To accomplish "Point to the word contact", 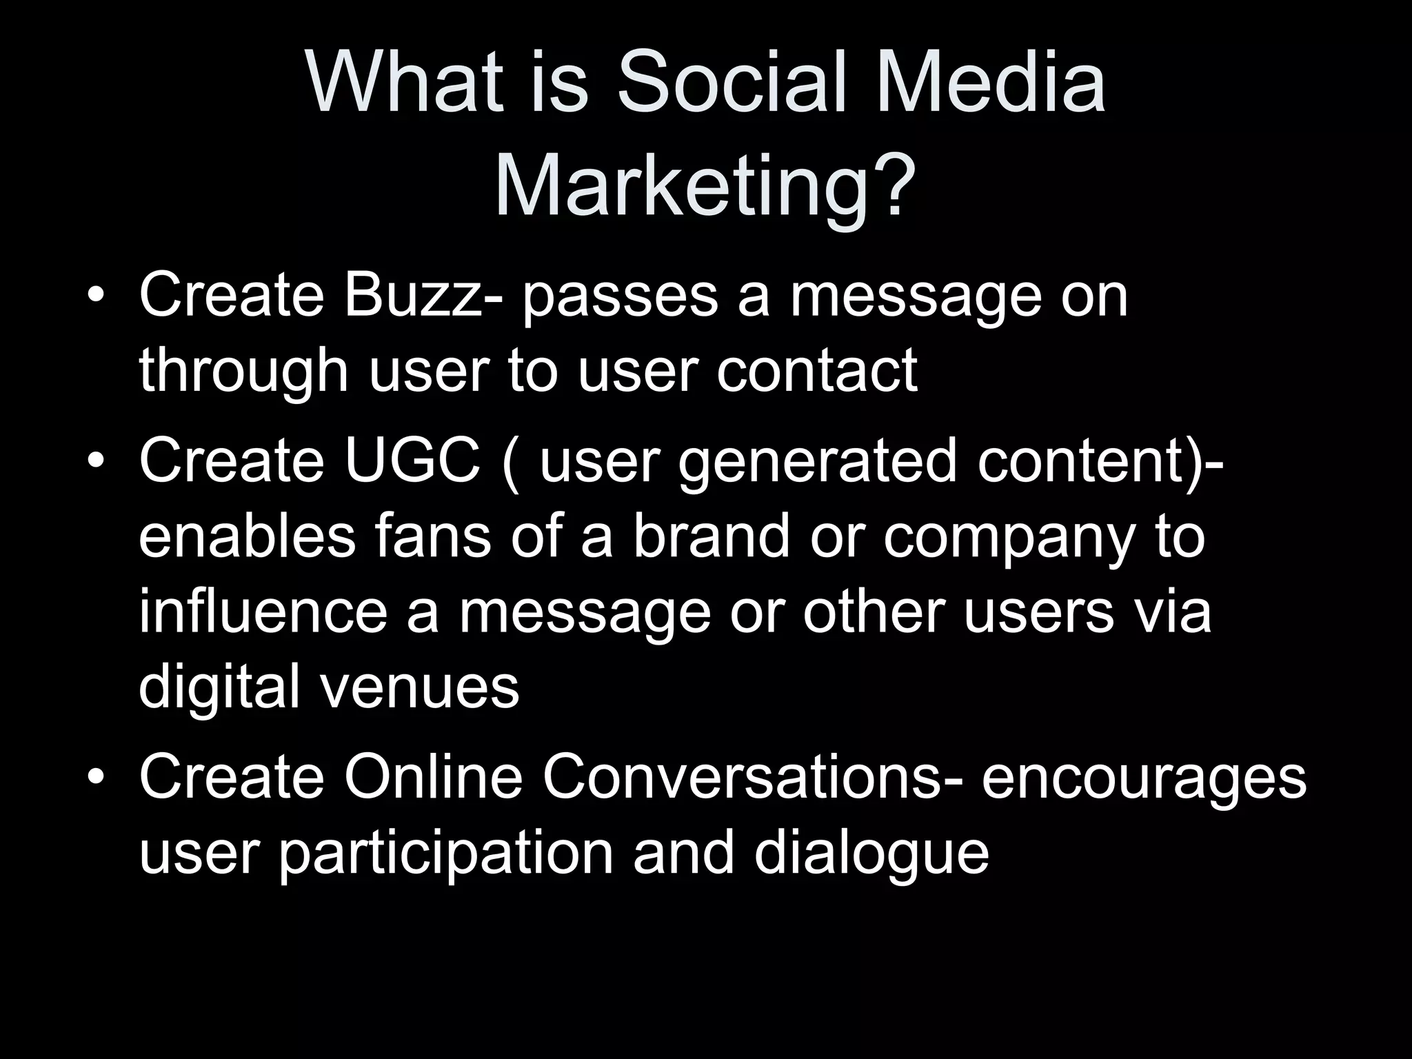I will pyautogui.click(x=816, y=370).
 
